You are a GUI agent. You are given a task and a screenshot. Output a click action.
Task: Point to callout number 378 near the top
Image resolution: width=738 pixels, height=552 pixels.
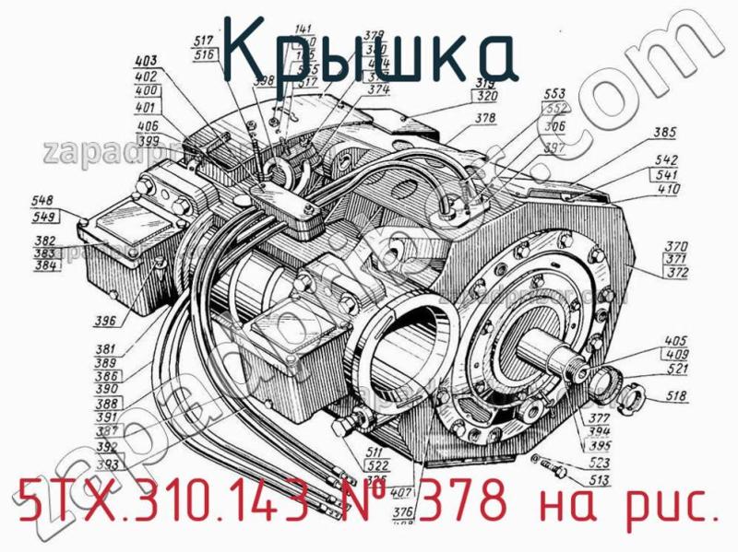coord(485,118)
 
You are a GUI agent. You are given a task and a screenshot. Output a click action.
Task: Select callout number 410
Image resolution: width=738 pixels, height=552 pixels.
coord(669,190)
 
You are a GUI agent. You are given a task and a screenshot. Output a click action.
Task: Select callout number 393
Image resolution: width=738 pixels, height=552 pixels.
coord(107,464)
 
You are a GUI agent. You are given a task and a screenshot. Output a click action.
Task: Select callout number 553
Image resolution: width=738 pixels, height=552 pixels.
coord(554,94)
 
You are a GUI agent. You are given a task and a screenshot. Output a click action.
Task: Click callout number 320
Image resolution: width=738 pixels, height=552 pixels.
coord(488,94)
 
